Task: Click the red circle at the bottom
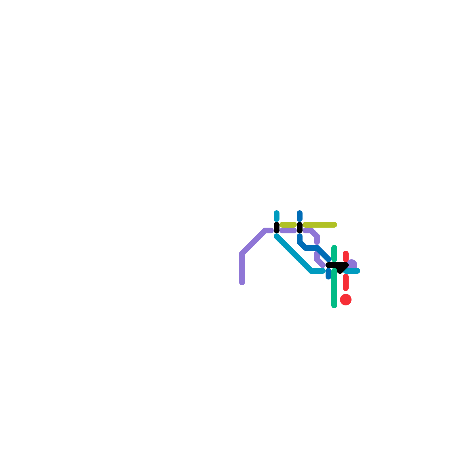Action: tap(345, 299)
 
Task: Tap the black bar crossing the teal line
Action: tap(277, 228)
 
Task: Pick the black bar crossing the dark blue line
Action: tap(300, 228)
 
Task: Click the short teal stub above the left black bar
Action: tap(277, 216)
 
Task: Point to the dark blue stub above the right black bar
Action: tap(300, 216)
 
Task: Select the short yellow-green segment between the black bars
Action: tap(288, 225)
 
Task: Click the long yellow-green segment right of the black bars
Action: tap(320, 225)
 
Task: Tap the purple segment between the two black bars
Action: tap(288, 231)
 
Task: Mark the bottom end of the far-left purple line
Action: tap(242, 282)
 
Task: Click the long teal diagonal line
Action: tap(294, 254)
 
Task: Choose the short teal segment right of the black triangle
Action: tap(353, 271)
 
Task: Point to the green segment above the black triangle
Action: tap(334, 254)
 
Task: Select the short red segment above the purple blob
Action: tap(346, 256)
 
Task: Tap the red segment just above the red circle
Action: tap(346, 282)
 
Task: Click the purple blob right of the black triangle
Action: tap(353, 264)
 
